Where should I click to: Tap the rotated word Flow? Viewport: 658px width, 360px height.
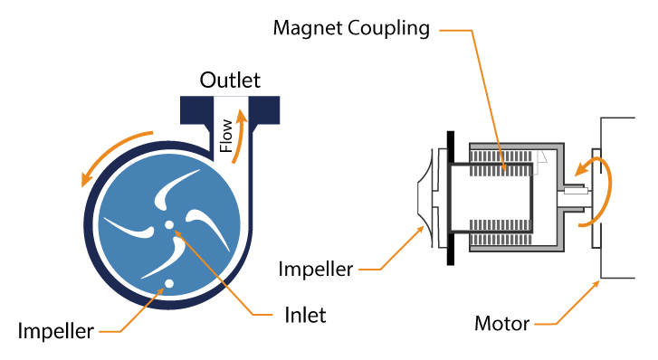(227, 136)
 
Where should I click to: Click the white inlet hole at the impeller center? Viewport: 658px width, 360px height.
(169, 224)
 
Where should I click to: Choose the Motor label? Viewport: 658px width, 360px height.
(503, 323)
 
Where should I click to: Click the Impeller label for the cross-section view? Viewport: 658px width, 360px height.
(316, 269)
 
